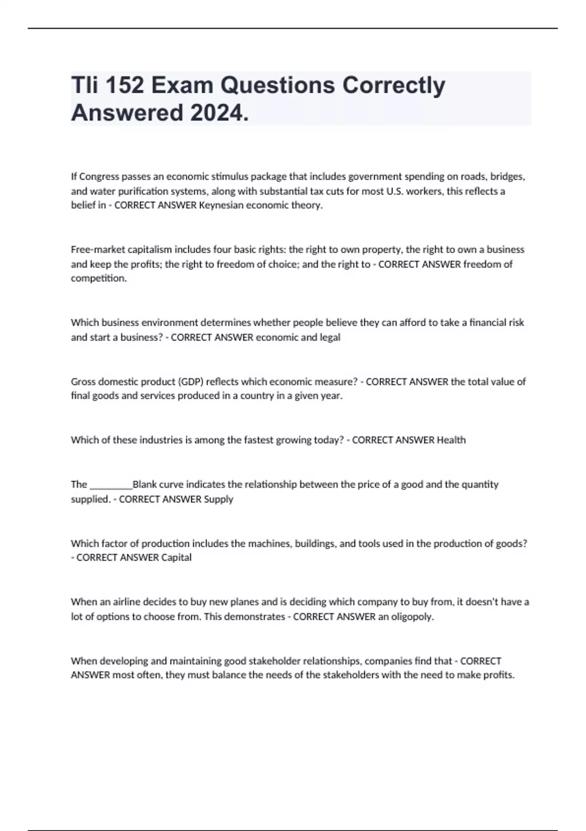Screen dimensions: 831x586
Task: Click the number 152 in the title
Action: (x=124, y=86)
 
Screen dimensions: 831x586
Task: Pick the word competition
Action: (x=98, y=279)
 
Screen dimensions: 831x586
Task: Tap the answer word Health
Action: (x=451, y=440)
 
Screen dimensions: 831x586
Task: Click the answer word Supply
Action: (x=218, y=499)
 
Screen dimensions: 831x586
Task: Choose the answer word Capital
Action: (x=176, y=558)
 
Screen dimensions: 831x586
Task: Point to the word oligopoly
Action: (x=412, y=616)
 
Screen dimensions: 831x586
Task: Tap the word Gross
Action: (x=84, y=382)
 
